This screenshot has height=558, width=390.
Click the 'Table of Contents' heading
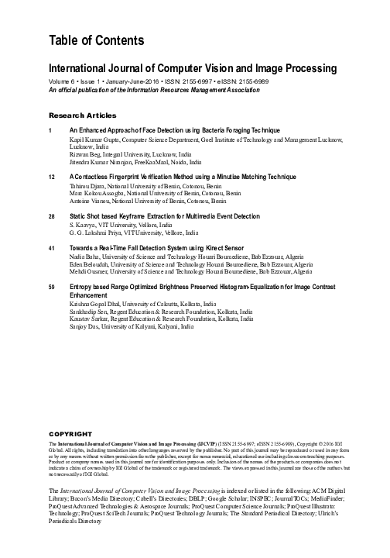[92, 40]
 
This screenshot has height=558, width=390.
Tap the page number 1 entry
[51, 129]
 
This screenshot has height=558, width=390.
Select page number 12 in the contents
[52, 177]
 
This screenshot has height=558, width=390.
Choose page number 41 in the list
[52, 247]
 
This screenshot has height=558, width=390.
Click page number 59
[52, 288]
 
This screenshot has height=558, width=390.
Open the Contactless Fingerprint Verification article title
[172, 177]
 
